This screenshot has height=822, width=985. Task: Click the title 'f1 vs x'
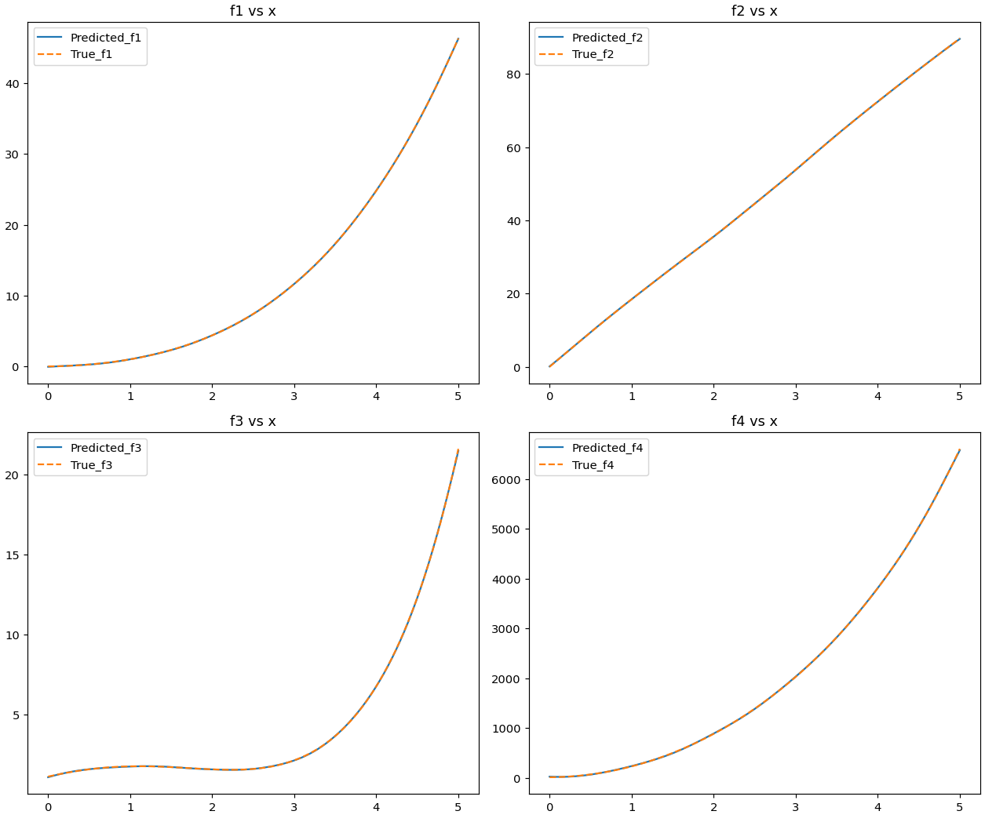pyautogui.click(x=253, y=11)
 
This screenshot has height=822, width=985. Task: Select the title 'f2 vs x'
pyautogui.click(x=754, y=11)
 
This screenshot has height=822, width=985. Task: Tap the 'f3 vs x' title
pyautogui.click(x=253, y=421)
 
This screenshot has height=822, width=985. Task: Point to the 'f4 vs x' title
pyautogui.click(x=754, y=421)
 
